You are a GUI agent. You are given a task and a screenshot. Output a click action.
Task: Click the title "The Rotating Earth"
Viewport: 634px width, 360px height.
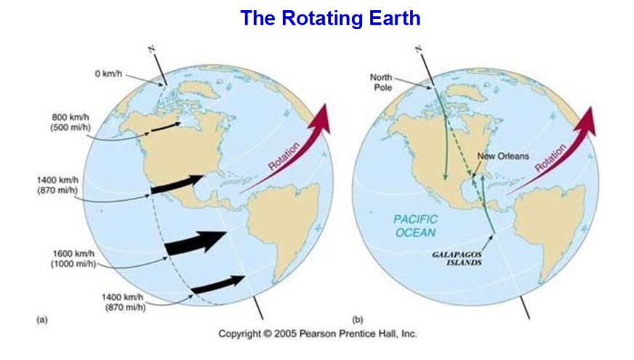pos(330,18)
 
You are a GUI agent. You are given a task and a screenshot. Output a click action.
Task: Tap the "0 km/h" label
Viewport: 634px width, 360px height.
pos(108,74)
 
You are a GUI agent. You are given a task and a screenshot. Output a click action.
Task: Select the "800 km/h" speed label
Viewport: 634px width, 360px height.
pos(70,117)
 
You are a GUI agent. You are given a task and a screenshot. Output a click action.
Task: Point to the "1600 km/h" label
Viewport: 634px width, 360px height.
pos(73,254)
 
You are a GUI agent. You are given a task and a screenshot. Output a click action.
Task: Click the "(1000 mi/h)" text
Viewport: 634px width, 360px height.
pos(73,264)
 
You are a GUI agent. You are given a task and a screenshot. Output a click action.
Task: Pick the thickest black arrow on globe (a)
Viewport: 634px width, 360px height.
pos(196,242)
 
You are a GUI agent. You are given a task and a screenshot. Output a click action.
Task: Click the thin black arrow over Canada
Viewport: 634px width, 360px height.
pos(166,127)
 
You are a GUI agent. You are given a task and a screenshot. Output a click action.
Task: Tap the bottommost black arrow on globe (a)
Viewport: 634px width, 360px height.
pos(218,284)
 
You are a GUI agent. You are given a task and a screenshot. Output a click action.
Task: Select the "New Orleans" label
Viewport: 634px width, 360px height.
pos(503,156)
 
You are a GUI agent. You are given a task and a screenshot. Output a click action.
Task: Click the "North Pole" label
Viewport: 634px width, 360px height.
pos(381,82)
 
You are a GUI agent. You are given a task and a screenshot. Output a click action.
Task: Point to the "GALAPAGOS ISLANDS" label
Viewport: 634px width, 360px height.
pos(457,258)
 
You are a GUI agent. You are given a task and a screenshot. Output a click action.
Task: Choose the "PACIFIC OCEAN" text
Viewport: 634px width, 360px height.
pos(415,225)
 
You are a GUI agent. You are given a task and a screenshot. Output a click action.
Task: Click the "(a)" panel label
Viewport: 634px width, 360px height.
pos(42,319)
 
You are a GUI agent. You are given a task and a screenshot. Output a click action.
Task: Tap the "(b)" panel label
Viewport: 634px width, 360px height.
pos(358,319)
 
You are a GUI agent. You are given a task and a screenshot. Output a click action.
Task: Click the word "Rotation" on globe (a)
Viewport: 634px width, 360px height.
pos(284,156)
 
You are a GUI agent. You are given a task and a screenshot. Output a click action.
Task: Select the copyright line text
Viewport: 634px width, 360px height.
pos(318,334)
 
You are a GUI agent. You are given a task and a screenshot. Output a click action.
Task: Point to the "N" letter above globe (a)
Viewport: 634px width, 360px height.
pos(151,49)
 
